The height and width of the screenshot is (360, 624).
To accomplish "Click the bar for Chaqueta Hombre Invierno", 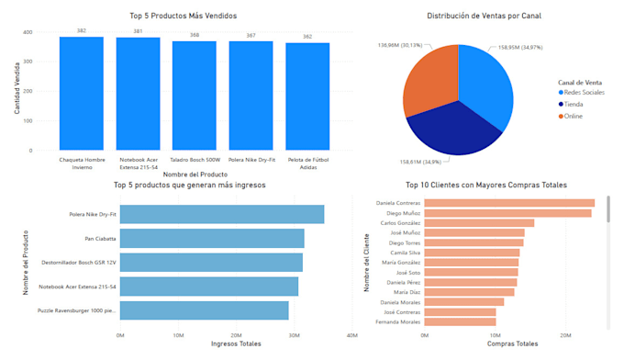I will coord(81,94).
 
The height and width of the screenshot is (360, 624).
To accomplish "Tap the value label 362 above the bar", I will coord(307,37).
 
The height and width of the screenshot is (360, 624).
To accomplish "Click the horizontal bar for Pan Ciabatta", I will coord(212,239).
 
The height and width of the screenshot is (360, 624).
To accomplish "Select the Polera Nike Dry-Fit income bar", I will coord(221,215).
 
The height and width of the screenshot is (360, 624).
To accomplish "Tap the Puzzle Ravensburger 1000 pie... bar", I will coord(204,310).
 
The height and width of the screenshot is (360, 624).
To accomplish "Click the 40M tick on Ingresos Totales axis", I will coord(352,335).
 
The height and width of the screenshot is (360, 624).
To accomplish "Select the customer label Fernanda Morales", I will coord(397,322).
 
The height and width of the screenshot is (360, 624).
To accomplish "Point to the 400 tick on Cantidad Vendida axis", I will coord(28,32).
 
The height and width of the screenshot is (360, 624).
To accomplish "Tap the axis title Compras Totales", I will coord(512,344).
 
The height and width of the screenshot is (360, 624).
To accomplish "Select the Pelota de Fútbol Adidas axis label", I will coord(307,163).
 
